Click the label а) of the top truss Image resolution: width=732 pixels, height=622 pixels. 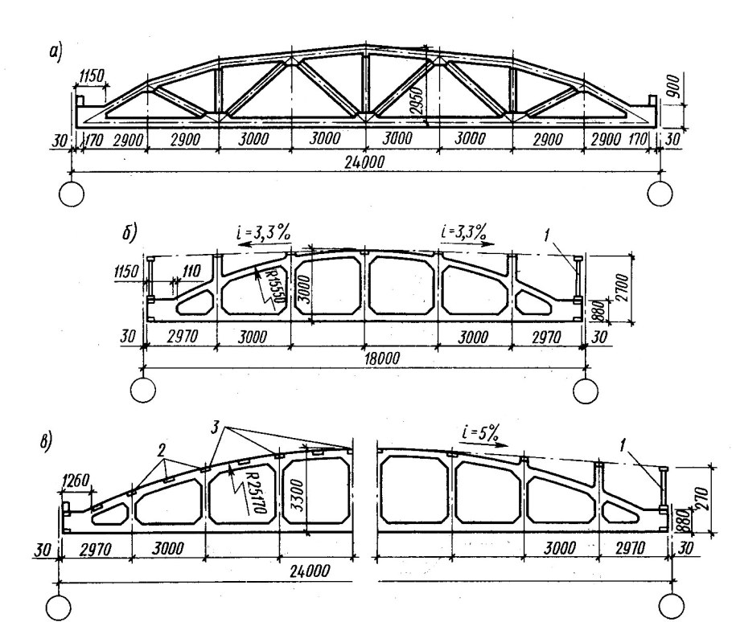point(56,52)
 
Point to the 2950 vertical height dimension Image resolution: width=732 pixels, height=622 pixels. point(417,100)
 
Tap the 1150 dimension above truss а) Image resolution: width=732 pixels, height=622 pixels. point(92,76)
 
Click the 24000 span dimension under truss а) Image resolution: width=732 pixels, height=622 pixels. point(364,162)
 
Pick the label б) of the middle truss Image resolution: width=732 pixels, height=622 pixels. point(130,232)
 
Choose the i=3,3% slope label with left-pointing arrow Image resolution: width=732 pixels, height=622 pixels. point(264,231)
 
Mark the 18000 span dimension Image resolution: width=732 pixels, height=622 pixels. point(383,358)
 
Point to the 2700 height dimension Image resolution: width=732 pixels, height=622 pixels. point(623,288)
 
